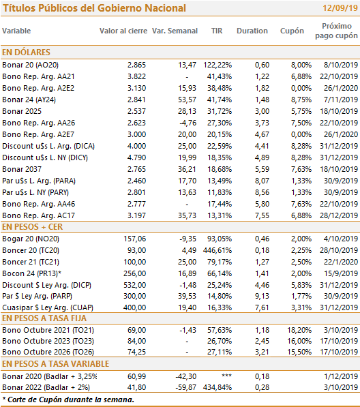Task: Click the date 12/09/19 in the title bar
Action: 340,8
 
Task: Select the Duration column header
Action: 252,31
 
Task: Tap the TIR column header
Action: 217,31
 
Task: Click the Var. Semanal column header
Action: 175,31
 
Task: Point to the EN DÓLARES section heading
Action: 26,52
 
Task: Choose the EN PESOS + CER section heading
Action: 32,227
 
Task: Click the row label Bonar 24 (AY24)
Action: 29,100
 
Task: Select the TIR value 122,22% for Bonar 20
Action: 217,65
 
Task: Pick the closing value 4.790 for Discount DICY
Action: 136,157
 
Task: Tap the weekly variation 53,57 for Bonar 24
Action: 187,100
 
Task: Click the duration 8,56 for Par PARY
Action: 262,192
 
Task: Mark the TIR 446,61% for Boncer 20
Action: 217,250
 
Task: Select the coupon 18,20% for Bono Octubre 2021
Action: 299,330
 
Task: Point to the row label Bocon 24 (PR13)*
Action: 31,273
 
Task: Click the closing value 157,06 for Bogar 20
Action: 135,239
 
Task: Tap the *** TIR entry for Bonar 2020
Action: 226,376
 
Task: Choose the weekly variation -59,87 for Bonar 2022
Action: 186,387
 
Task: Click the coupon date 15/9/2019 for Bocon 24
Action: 341,273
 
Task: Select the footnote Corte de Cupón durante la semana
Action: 71,400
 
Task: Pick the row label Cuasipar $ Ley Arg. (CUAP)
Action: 48,307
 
